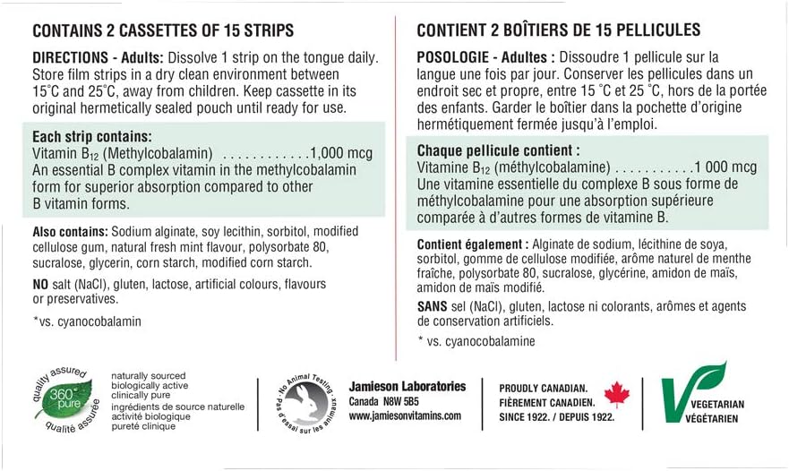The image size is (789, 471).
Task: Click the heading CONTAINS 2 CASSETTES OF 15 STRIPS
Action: tap(162, 30)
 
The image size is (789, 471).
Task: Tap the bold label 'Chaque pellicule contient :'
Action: tap(498, 151)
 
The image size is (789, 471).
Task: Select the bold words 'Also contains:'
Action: tap(70, 231)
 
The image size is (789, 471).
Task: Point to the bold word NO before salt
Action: tap(43, 284)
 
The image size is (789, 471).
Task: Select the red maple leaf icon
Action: tap(617, 393)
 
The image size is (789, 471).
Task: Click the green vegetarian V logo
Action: tap(691, 394)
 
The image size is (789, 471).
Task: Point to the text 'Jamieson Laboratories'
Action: tap(407, 386)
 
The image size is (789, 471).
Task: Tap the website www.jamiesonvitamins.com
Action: tap(405, 416)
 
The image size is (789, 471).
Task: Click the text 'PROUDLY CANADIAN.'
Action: tap(544, 388)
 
